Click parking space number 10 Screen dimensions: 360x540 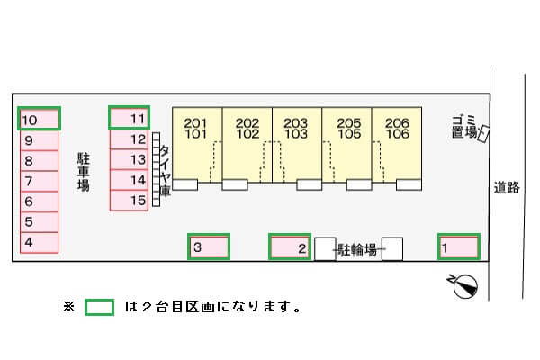40,119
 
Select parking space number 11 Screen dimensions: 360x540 129,118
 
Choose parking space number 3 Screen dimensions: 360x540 209,247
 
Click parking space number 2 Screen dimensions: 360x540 291,247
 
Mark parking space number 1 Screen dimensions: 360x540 458,246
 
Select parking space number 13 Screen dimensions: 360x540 129,159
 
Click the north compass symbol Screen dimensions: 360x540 464,285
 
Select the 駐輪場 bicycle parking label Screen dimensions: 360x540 357,249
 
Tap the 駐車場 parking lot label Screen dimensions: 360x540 83,171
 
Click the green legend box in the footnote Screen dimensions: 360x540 99,307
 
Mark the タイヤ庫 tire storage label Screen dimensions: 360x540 165,171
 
